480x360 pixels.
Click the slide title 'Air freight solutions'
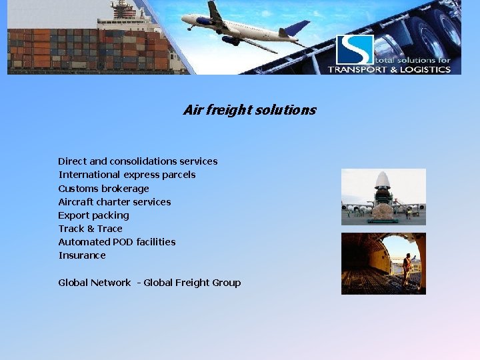249,110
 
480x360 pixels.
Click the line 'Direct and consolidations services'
137,161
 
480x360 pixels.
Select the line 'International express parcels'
127,175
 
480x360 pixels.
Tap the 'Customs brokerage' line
103,189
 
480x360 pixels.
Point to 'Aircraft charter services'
114,202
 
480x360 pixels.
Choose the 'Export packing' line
93,215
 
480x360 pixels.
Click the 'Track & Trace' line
90,229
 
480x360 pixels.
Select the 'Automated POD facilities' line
117,242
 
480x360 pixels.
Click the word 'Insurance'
81,255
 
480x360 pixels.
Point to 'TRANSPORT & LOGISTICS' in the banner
389,69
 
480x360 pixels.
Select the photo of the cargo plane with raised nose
383,197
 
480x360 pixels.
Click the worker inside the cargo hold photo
406,267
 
